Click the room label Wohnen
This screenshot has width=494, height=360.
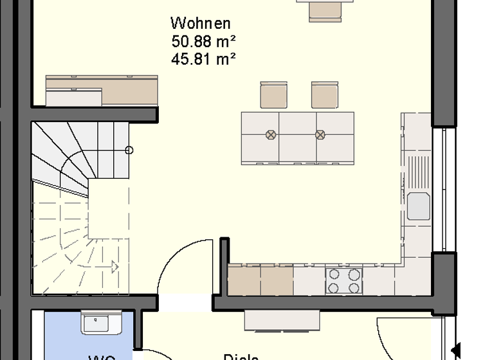coord(200,24)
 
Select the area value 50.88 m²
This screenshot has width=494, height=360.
coord(203,42)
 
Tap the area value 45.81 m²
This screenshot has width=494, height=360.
coord(203,59)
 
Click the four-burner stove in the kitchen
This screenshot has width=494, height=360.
coord(343,280)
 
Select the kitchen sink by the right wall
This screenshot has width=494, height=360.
coord(418,206)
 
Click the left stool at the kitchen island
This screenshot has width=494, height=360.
coord(273,95)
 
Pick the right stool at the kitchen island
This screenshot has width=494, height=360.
coord(324,95)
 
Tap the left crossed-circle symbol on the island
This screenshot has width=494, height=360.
coord(271,135)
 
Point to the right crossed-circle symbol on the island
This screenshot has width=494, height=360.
coord(320,135)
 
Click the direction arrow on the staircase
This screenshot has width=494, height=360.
coord(114,265)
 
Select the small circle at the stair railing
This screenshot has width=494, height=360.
coord(129,150)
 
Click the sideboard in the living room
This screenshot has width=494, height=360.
coord(102,90)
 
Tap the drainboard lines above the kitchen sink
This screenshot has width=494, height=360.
coord(418,172)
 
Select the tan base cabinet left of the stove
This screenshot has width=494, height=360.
coord(261,281)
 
